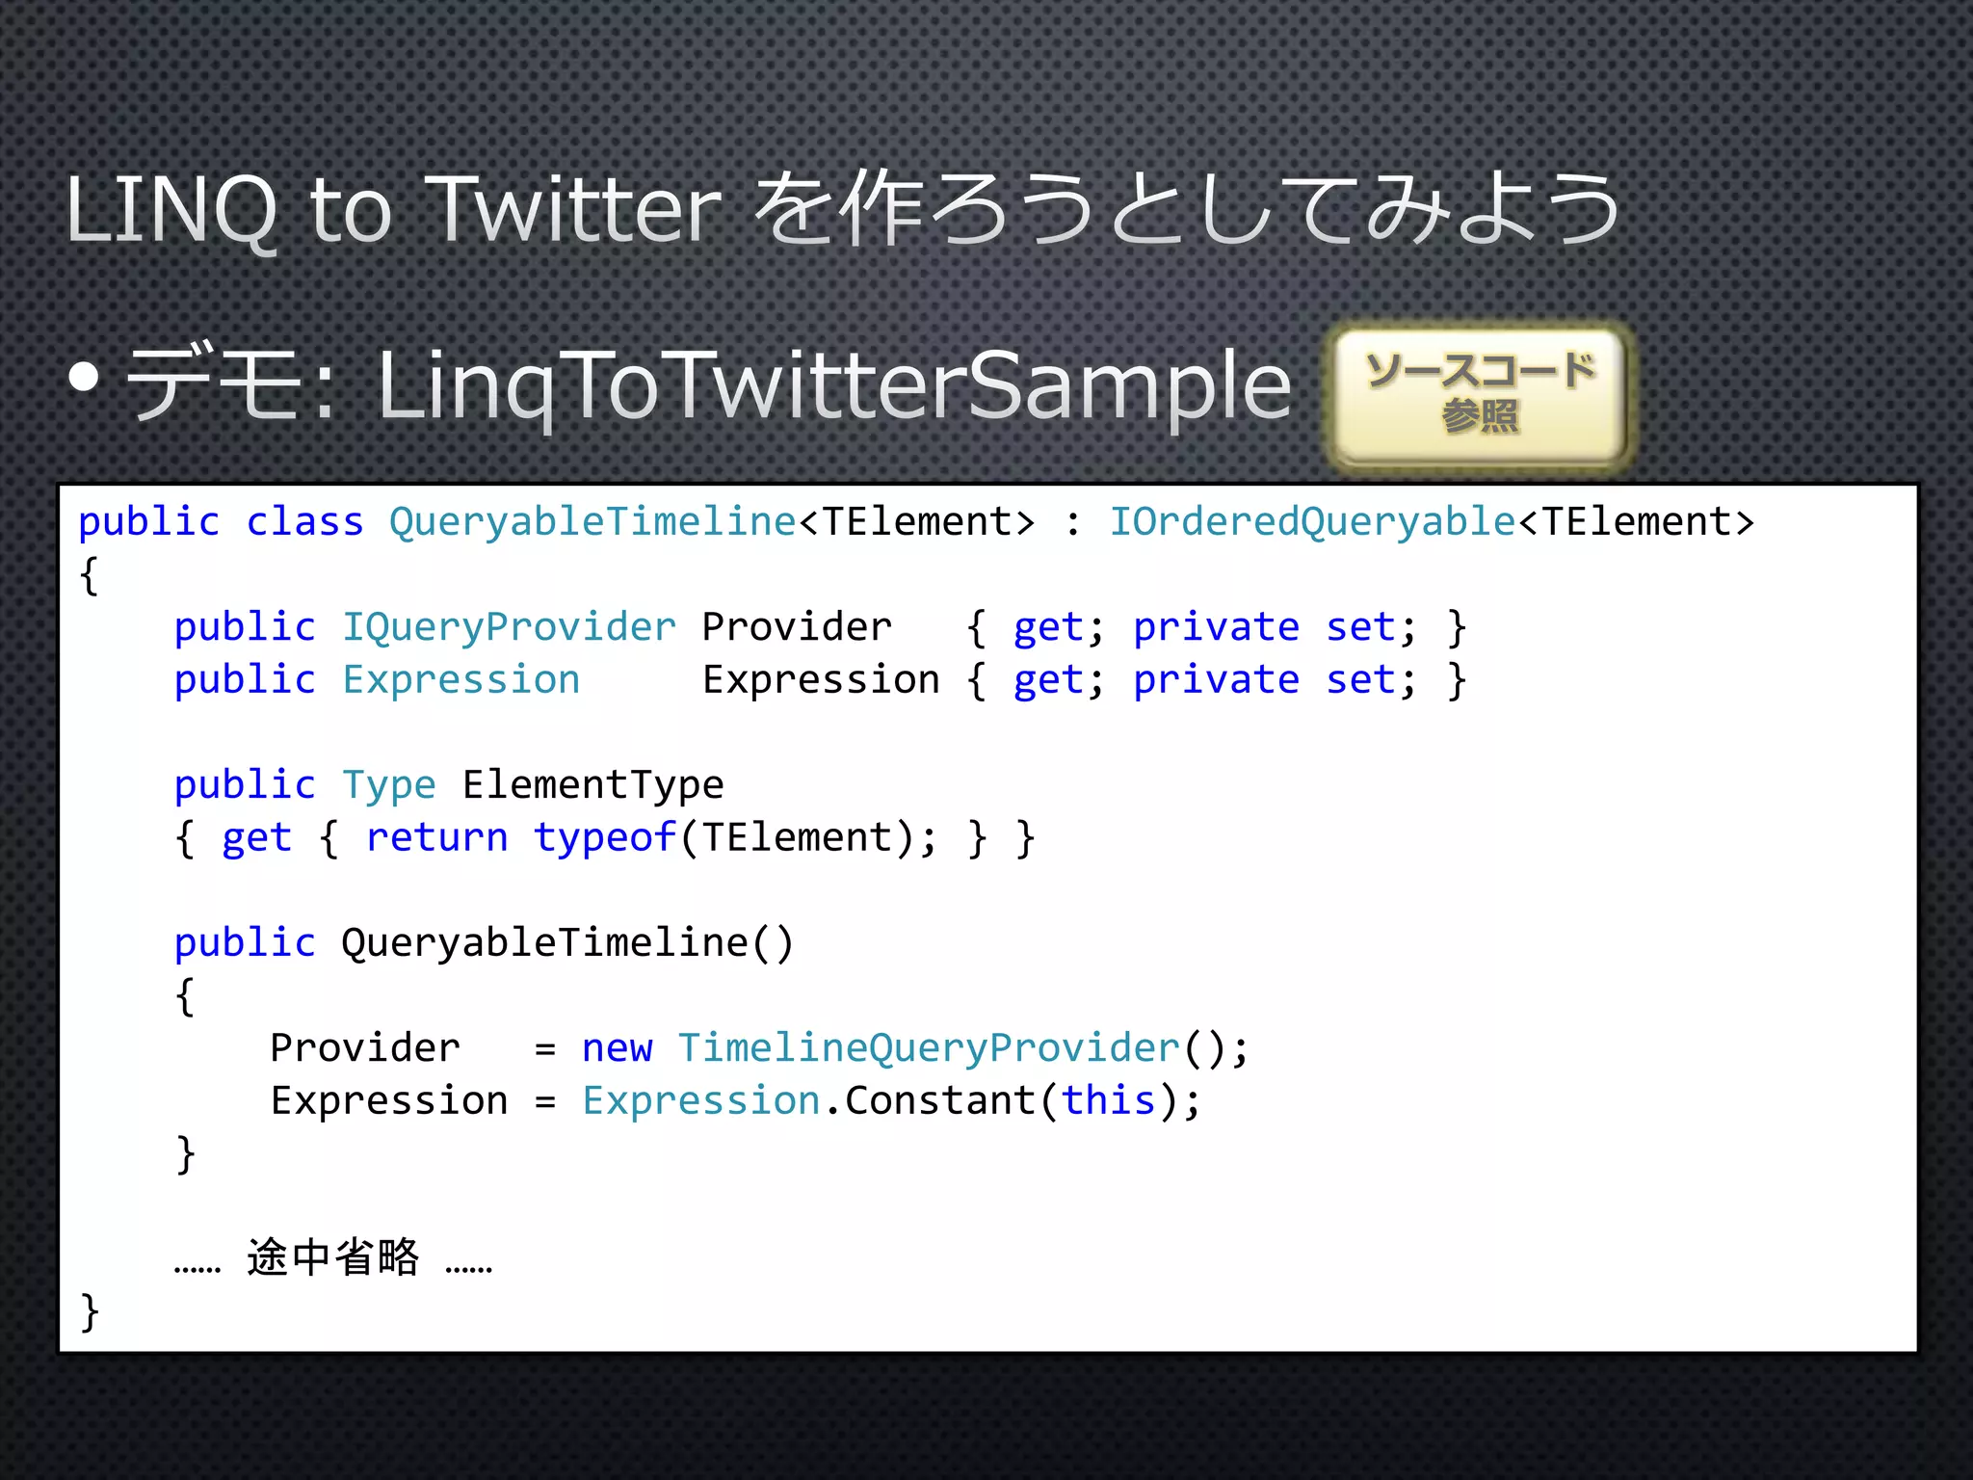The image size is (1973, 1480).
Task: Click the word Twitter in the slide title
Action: (575, 209)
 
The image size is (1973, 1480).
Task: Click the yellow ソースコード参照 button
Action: (1480, 395)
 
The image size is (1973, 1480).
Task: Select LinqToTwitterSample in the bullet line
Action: (834, 385)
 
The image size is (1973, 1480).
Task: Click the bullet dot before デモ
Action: (85, 378)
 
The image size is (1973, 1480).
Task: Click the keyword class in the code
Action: (304, 522)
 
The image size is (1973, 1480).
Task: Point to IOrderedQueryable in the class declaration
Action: (1312, 522)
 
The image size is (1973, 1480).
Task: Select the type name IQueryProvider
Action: (510, 627)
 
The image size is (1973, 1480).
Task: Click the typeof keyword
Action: (605, 837)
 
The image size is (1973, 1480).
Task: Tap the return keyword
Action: (436, 837)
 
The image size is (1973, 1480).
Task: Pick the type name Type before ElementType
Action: (389, 785)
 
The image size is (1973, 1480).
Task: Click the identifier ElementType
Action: (592, 785)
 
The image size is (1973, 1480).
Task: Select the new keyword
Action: (618, 1048)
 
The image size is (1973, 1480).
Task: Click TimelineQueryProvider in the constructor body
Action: (929, 1048)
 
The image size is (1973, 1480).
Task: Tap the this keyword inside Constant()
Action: (1108, 1100)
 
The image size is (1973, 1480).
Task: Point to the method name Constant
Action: (939, 1100)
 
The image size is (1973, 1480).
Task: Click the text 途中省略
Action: (333, 1257)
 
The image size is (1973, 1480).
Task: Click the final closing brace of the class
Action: (90, 1311)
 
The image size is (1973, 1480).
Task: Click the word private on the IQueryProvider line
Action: (1216, 627)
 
